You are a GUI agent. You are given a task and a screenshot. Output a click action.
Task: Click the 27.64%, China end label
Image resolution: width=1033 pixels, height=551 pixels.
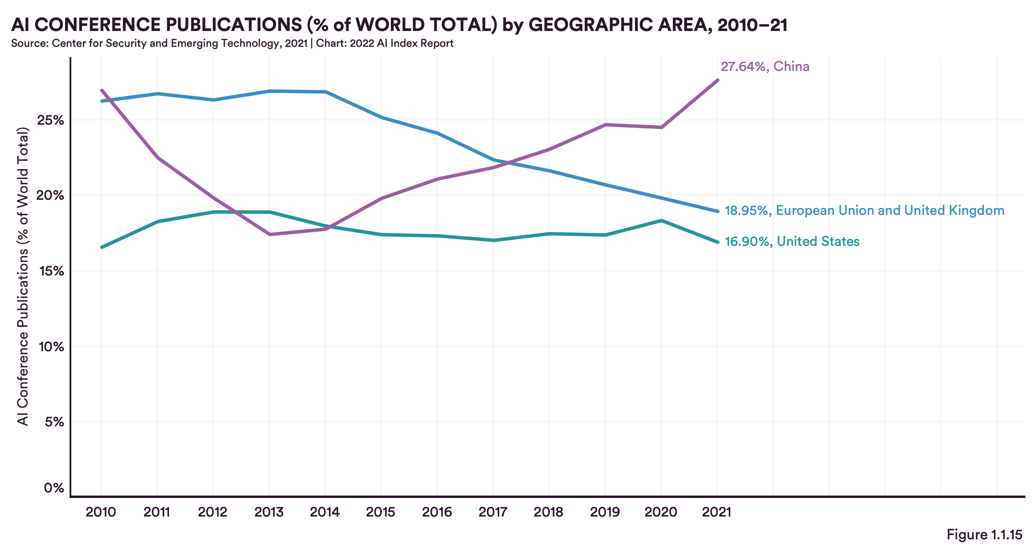[765, 66]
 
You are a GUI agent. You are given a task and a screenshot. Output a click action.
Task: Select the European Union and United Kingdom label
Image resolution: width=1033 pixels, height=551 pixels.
[864, 210]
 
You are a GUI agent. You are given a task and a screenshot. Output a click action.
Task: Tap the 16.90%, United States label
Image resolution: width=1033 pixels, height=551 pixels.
[792, 241]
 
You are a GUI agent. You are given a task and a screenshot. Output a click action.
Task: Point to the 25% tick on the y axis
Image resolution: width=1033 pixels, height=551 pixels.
[51, 120]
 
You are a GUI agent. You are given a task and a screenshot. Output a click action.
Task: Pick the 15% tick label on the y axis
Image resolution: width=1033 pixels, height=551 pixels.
[51, 271]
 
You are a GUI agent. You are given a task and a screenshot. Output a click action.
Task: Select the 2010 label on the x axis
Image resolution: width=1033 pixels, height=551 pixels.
[101, 512]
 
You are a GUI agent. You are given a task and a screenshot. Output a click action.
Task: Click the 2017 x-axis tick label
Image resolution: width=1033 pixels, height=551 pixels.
[493, 512]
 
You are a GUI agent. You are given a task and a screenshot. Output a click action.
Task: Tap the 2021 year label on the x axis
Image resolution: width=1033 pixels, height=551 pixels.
[717, 512]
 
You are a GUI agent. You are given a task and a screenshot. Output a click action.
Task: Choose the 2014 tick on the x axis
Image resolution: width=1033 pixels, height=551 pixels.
[325, 512]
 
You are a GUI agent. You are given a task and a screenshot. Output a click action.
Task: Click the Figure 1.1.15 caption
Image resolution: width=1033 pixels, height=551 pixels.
[984, 534]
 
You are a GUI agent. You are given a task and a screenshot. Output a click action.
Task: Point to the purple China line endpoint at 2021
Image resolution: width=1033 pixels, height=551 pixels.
[717, 80]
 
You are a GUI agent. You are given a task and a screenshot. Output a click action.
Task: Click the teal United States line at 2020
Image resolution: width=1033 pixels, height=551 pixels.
[661, 220]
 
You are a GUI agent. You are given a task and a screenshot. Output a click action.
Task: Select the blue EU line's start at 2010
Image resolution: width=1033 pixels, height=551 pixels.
[102, 101]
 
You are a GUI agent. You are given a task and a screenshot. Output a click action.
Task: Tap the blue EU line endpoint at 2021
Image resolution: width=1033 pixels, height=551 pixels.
[717, 211]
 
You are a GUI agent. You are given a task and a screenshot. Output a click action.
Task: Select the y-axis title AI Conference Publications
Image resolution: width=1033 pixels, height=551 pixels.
[23, 277]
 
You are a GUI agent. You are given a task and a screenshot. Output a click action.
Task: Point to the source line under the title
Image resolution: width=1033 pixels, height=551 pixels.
[232, 43]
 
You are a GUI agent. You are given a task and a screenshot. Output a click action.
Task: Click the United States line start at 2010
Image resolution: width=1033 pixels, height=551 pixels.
[102, 247]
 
